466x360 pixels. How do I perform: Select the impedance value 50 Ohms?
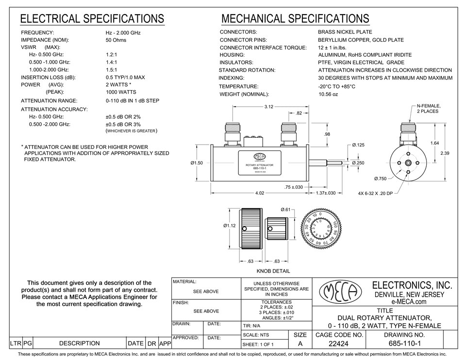(x=116, y=40)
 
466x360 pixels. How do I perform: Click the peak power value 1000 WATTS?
(x=120, y=92)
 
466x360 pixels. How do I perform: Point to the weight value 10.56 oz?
(x=328, y=94)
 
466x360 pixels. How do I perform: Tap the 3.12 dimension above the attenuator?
(x=268, y=107)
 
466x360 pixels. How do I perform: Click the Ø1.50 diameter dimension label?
(x=196, y=163)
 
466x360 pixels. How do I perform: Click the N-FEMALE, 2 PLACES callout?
(x=427, y=108)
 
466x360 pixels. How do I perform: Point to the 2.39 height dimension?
(x=445, y=153)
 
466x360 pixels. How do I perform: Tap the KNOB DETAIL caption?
(x=273, y=271)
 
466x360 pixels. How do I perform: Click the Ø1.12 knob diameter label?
(x=229, y=226)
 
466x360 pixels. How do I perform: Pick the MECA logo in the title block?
(x=340, y=292)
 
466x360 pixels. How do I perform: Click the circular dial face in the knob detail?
(x=318, y=229)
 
